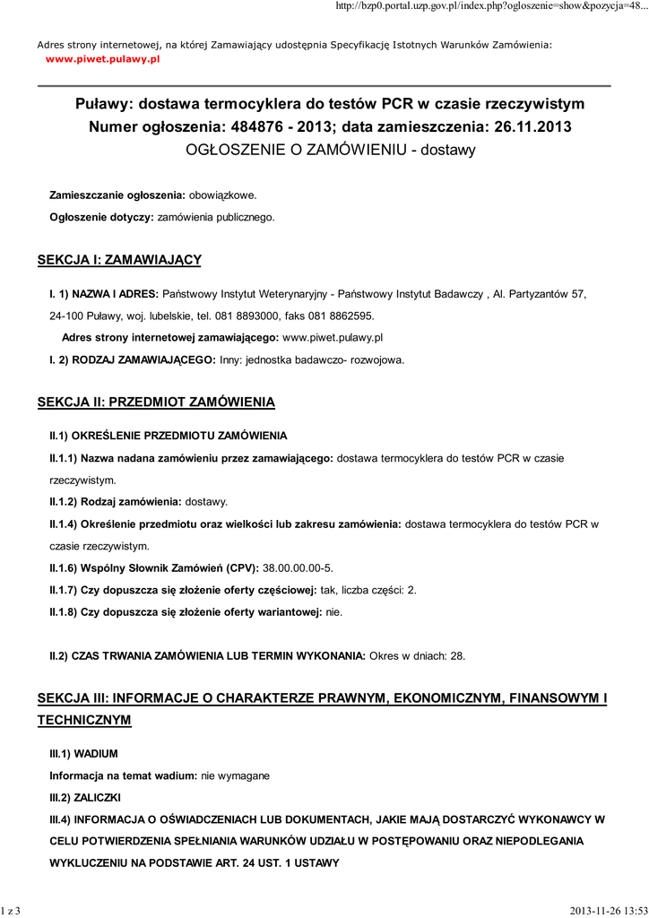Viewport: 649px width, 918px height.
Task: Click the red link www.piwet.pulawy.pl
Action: [102, 58]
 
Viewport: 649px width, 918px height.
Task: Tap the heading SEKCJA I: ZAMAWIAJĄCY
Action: [119, 260]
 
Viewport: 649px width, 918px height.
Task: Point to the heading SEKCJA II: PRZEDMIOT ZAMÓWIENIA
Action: [156, 403]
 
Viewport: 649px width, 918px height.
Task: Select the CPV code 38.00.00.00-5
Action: [298, 567]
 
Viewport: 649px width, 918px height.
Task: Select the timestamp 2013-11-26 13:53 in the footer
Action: [607, 911]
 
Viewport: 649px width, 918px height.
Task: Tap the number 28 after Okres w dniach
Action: [457, 655]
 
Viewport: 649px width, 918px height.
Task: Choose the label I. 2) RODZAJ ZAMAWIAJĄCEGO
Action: [133, 359]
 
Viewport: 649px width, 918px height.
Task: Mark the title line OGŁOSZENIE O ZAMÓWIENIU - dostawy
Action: [330, 150]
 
